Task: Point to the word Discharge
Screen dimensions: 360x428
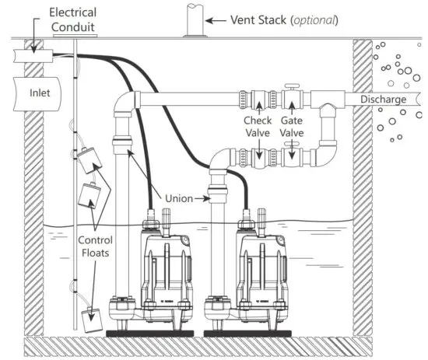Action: click(383, 100)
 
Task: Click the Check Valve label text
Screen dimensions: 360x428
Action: click(257, 127)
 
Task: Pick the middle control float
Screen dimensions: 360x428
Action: click(93, 195)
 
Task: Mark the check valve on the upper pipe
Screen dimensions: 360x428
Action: click(256, 101)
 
